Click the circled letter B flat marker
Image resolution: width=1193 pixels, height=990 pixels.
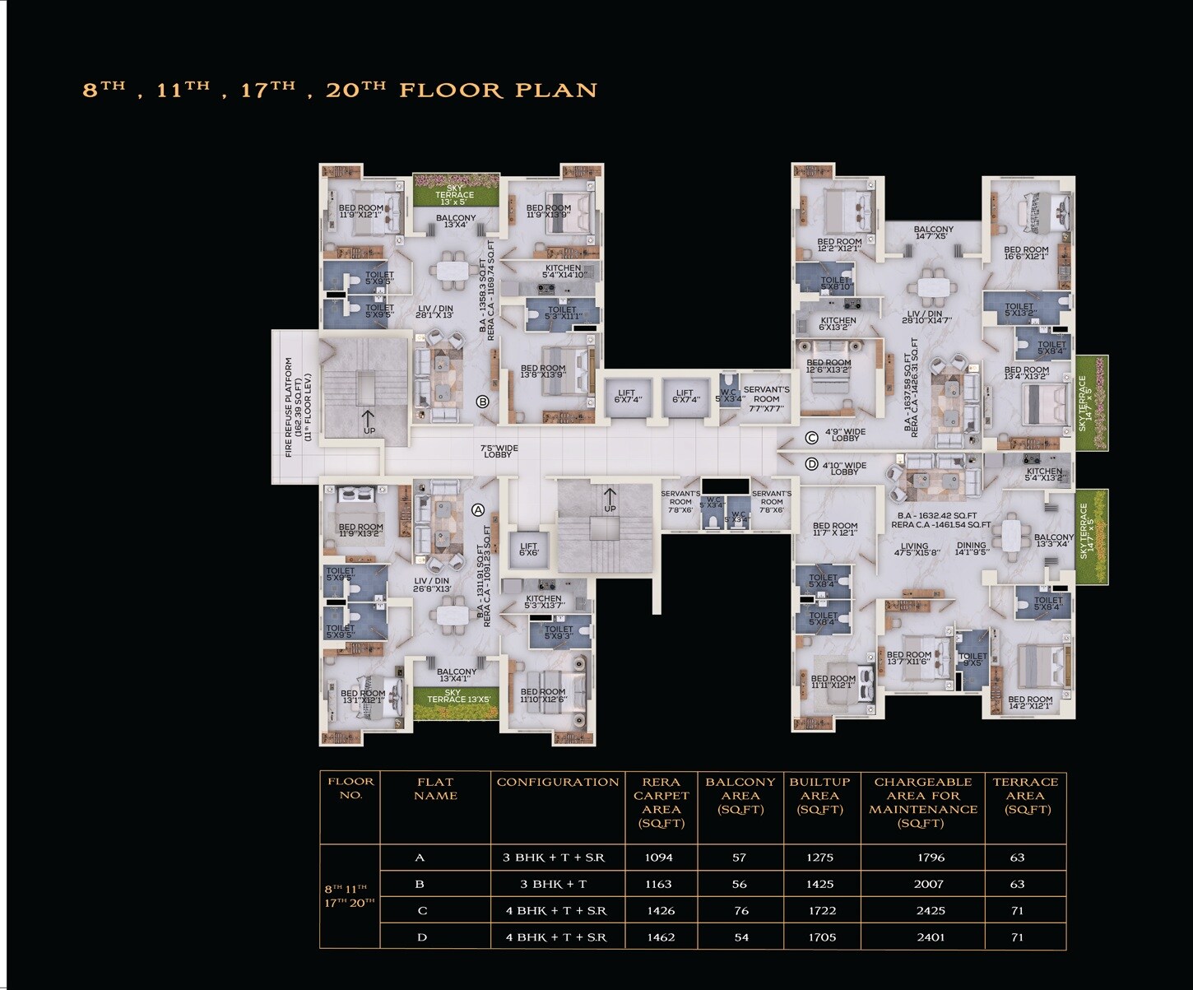click(483, 402)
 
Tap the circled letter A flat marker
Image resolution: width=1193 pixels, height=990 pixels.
click(477, 510)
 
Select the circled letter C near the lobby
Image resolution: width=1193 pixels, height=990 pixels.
click(811, 438)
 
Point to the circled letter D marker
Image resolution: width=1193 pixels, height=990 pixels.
click(811, 465)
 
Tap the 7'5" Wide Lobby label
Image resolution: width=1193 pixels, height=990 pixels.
click(499, 451)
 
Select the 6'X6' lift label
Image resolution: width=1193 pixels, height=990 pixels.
click(528, 549)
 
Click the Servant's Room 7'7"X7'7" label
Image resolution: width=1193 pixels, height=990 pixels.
click(766, 399)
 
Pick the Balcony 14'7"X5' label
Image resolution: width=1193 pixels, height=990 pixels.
click(933, 233)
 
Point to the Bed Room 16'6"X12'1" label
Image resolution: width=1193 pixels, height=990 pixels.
click(1026, 253)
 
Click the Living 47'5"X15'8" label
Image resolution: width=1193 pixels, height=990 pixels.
click(914, 549)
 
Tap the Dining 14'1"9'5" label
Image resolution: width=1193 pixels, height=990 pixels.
click(971, 549)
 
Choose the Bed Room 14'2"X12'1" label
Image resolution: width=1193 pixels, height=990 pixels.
click(1030, 703)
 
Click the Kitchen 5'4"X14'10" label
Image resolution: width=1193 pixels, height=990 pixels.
click(564, 272)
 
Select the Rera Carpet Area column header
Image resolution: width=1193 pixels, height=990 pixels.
click(661, 802)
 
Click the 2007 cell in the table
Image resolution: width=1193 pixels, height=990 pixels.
click(928, 884)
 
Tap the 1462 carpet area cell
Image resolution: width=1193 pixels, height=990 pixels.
click(661, 937)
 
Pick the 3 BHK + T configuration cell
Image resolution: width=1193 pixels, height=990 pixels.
click(554, 884)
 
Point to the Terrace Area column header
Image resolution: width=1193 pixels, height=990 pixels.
click(1025, 796)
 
